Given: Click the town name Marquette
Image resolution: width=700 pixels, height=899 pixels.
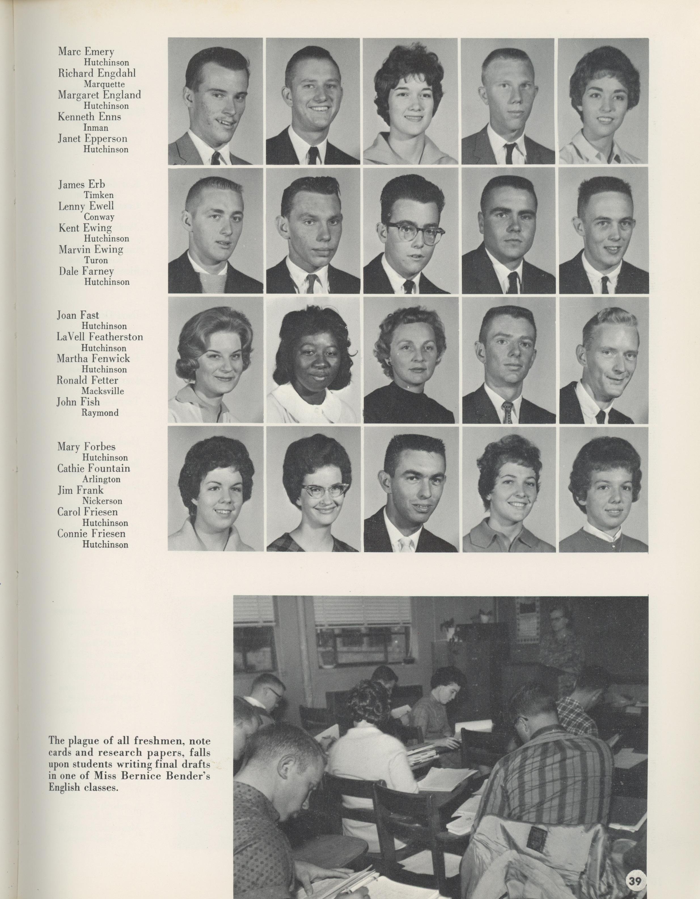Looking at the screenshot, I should [x=104, y=84].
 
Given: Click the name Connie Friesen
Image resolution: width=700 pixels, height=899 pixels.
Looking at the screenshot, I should [x=91, y=534].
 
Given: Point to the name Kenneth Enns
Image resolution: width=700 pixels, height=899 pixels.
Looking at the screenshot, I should [x=89, y=117].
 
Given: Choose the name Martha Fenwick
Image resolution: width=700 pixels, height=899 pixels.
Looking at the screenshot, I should [x=93, y=358].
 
